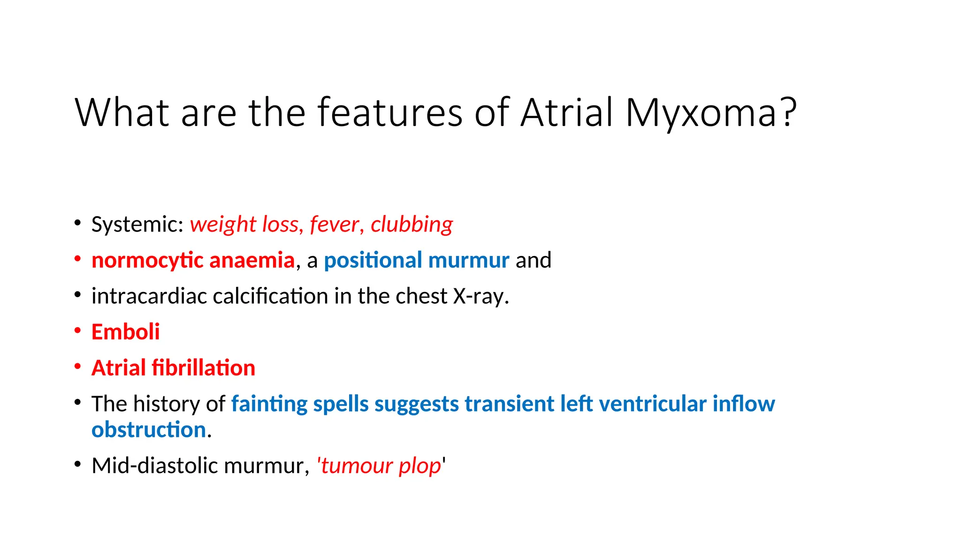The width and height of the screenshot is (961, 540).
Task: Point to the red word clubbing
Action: pyautogui.click(x=412, y=225)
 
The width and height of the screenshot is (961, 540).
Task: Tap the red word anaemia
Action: pyautogui.click(x=252, y=261)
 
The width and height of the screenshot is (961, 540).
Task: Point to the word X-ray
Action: pyautogui.click(x=480, y=296)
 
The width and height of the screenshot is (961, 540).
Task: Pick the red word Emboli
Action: pyautogui.click(x=125, y=332)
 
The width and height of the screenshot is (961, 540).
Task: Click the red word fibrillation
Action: pyautogui.click(x=203, y=368)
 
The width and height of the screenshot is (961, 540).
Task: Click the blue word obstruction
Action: pyautogui.click(x=149, y=430)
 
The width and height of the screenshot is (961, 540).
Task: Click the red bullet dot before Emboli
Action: pyautogui.click(x=78, y=330)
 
